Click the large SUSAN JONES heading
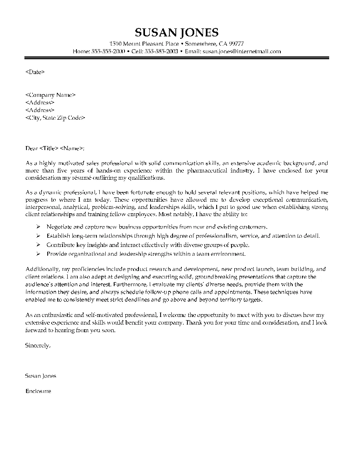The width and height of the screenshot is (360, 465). (177, 32)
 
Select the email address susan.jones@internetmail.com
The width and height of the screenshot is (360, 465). (241, 52)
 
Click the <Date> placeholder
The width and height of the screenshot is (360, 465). (35, 72)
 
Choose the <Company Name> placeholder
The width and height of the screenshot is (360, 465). (50, 95)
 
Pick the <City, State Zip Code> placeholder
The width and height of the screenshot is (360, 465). (55, 118)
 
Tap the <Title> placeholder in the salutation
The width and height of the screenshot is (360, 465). (49, 148)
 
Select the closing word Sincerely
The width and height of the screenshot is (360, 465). (38, 345)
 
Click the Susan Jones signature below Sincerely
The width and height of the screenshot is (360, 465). (40, 376)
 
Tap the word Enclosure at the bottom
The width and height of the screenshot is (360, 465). (38, 391)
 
